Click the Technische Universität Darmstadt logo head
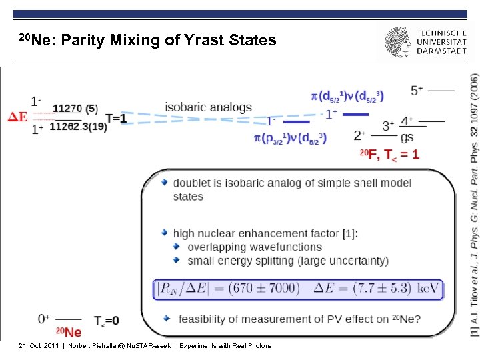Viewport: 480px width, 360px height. point(399,43)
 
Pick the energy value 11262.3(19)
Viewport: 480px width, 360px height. point(78,126)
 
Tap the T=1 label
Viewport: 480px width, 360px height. point(116,118)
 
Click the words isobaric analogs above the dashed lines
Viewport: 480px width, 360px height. point(209,107)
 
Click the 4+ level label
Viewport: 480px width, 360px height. point(407,121)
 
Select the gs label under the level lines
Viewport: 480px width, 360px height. point(407,137)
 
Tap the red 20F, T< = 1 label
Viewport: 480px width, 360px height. point(390,155)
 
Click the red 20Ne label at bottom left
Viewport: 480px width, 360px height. point(69,332)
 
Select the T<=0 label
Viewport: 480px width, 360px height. point(107,321)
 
